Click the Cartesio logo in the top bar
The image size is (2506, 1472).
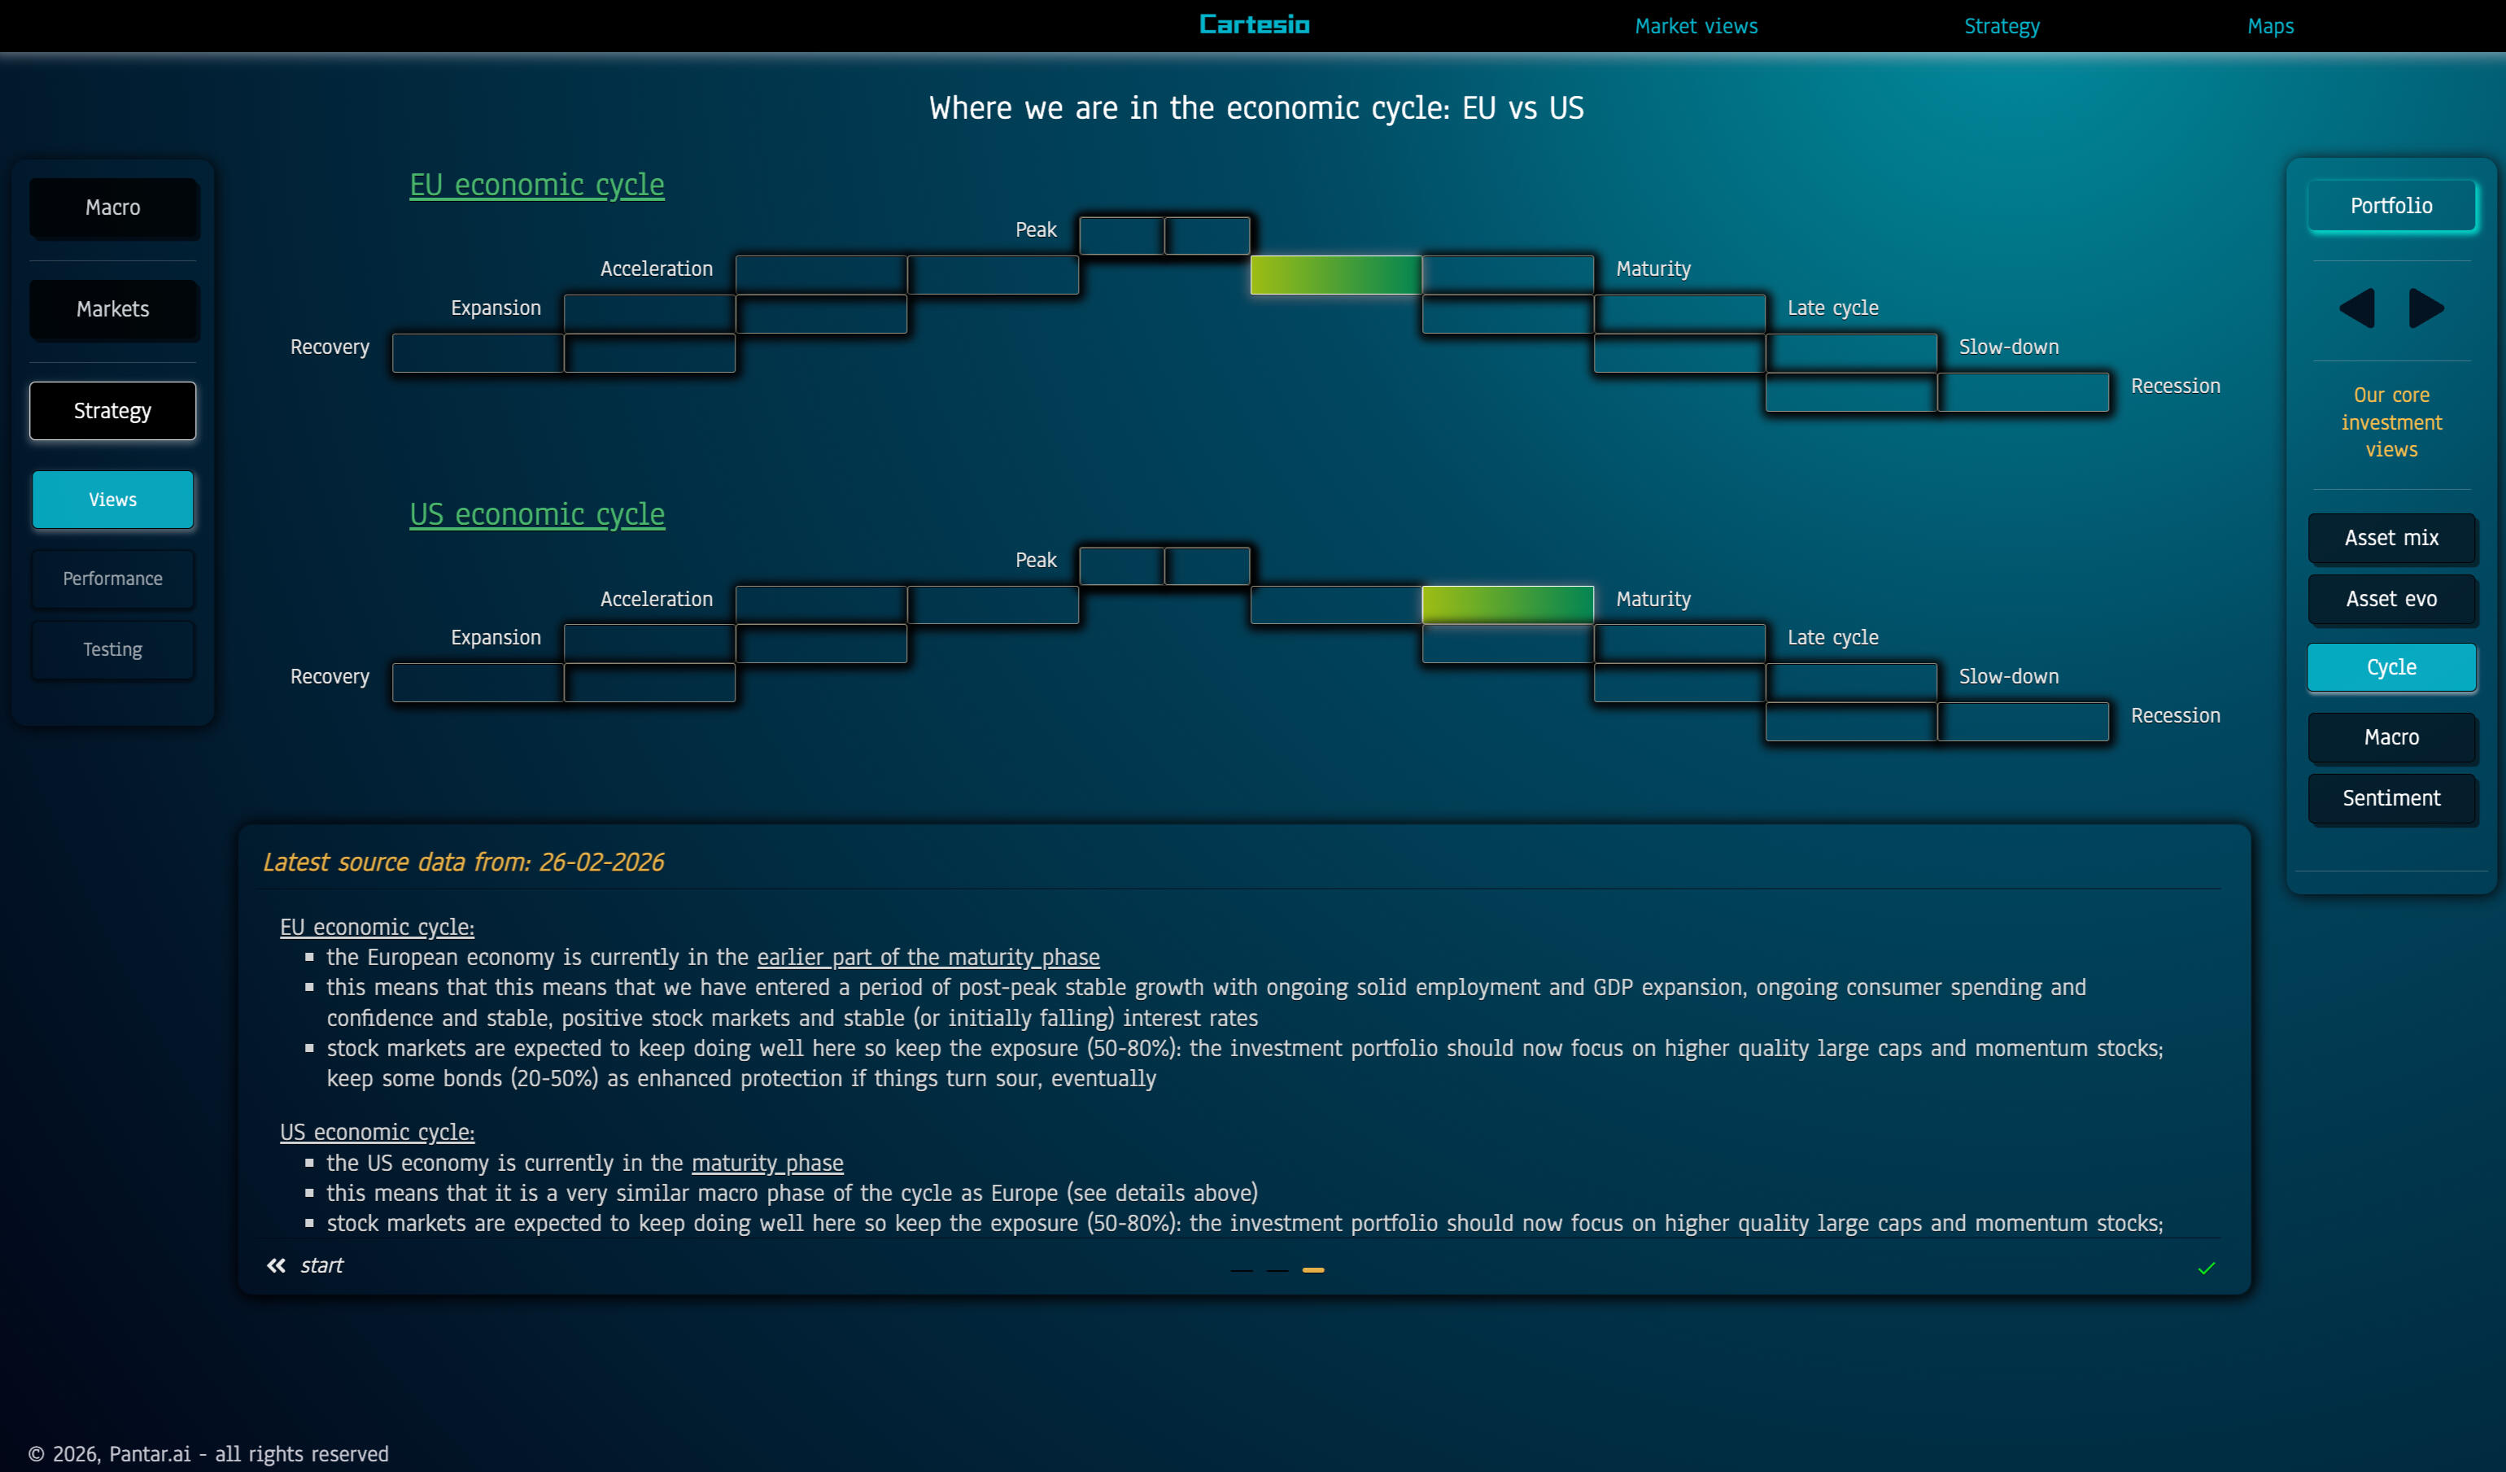point(1254,25)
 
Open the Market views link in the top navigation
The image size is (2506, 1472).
point(1696,27)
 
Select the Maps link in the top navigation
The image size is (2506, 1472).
point(2269,27)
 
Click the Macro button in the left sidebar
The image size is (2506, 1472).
point(113,207)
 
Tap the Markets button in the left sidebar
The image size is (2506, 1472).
point(113,309)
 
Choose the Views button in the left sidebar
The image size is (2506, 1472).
point(113,500)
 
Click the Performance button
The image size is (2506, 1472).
point(113,579)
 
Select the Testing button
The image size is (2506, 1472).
point(113,649)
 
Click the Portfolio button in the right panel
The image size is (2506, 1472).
point(2390,206)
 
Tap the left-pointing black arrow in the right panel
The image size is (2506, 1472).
point(2357,308)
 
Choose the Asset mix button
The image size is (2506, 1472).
point(2390,538)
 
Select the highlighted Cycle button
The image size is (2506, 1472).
point(2390,667)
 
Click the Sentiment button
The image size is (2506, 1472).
point(2390,797)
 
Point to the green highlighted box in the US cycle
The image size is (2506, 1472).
point(1507,605)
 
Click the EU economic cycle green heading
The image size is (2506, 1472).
point(537,185)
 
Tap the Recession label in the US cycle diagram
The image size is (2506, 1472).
point(2174,715)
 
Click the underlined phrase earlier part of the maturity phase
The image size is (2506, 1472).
point(928,957)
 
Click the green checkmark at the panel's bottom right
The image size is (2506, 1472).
point(2206,1268)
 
